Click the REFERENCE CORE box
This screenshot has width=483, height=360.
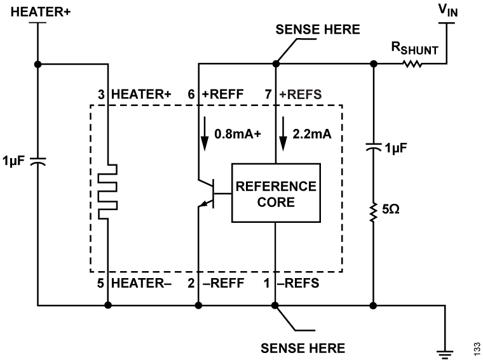point(275,194)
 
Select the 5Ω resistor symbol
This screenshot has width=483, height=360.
point(373,209)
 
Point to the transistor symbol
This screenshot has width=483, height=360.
point(207,194)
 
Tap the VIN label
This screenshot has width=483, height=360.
point(449,11)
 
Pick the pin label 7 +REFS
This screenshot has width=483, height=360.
point(294,94)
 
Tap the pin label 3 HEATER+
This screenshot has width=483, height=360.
point(135,94)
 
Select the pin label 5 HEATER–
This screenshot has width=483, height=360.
point(135,283)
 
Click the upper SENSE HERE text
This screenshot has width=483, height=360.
point(318,29)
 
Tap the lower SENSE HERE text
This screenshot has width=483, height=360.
point(303,348)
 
